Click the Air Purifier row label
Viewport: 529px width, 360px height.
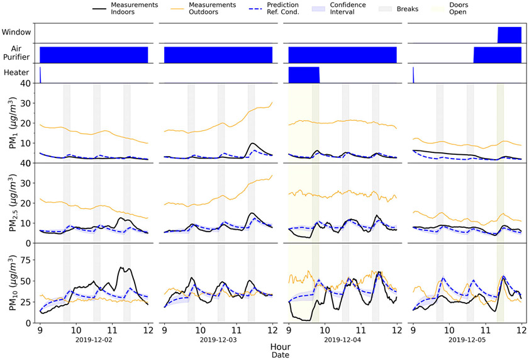tap(16, 53)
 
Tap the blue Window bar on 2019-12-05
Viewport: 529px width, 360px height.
tap(510, 35)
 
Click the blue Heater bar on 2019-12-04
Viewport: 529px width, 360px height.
tap(304, 75)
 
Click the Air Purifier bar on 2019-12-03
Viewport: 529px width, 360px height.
tap(218, 55)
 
